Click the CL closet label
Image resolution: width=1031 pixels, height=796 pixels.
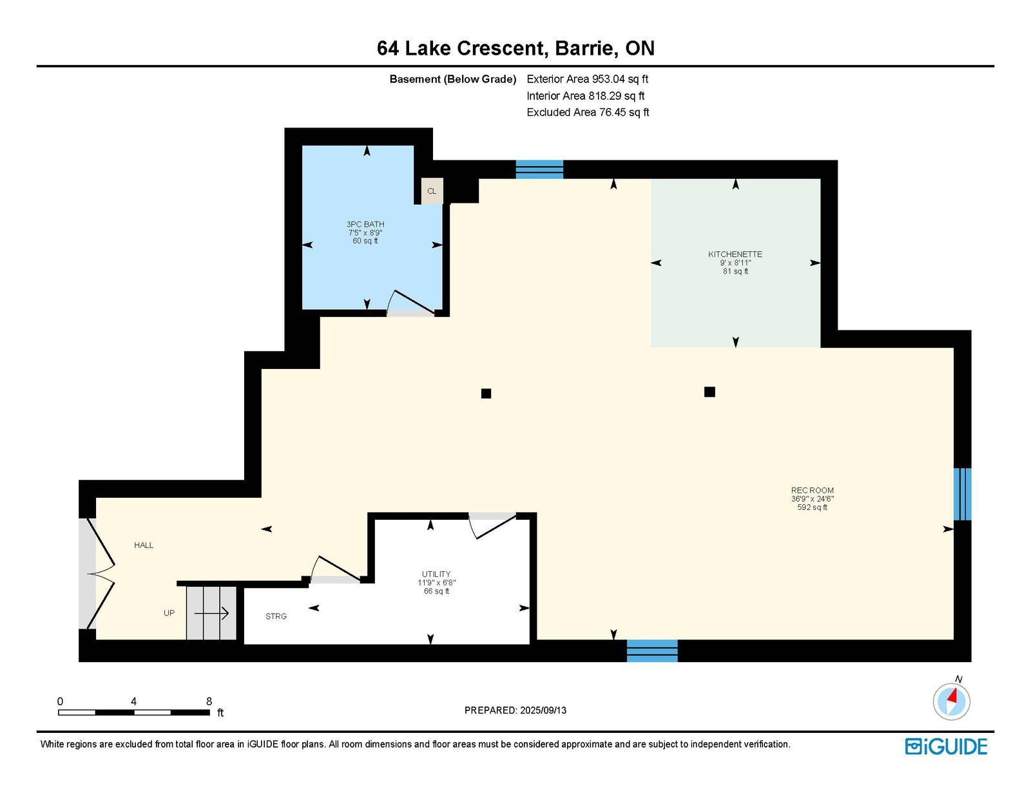(x=431, y=191)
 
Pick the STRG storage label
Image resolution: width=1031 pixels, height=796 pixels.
(x=276, y=616)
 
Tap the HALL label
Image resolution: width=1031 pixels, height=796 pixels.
(x=144, y=545)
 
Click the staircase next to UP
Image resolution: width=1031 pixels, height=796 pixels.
(x=211, y=613)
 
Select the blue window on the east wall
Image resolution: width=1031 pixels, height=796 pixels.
(x=962, y=494)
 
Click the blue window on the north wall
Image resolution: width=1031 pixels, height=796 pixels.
(x=539, y=169)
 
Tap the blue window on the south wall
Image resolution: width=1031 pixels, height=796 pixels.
(x=652, y=650)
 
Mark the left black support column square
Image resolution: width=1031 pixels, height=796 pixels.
(x=486, y=393)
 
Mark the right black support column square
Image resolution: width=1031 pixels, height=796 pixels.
(x=709, y=392)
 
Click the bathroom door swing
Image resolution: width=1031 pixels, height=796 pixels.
(x=411, y=303)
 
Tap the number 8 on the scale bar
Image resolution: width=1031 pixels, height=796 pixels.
(x=209, y=701)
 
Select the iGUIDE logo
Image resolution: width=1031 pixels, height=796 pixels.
(x=946, y=746)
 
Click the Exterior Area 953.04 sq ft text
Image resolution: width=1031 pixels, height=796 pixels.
(x=588, y=79)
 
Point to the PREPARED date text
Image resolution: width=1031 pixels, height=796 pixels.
(x=515, y=710)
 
